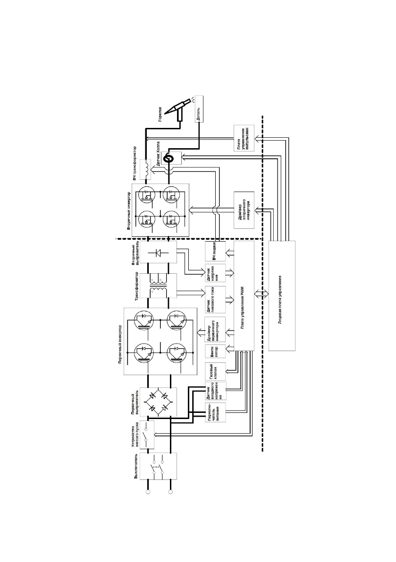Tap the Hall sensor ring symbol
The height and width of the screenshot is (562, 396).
pyautogui.click(x=166, y=160)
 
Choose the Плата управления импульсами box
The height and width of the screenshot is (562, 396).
pyautogui.click(x=244, y=138)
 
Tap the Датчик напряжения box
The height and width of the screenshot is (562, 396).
pyautogui.click(x=216, y=273)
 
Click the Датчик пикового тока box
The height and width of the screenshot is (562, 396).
pyautogui.click(x=216, y=299)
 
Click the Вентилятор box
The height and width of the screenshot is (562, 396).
pyautogui.click(x=216, y=353)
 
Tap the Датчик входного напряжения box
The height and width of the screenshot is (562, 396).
pyautogui.click(x=216, y=394)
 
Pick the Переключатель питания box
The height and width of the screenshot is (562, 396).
pyautogui.click(x=216, y=414)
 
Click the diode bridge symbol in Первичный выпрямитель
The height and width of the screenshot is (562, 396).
pyautogui.click(x=158, y=402)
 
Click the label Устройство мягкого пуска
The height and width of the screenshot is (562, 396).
pyautogui.click(x=137, y=434)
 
